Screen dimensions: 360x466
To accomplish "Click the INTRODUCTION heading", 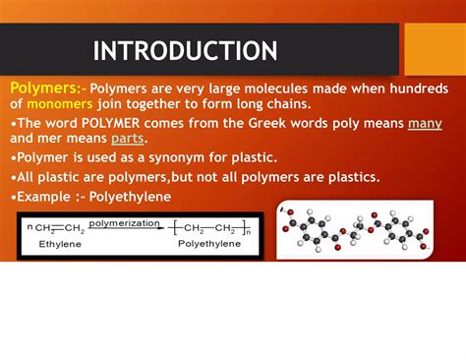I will coord(185,50).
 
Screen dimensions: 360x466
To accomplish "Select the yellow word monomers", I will coord(60,103).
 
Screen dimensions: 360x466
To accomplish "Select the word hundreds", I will coord(426,88).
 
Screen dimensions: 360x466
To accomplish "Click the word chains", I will coord(284,103).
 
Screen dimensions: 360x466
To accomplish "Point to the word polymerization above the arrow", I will coord(124,223).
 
